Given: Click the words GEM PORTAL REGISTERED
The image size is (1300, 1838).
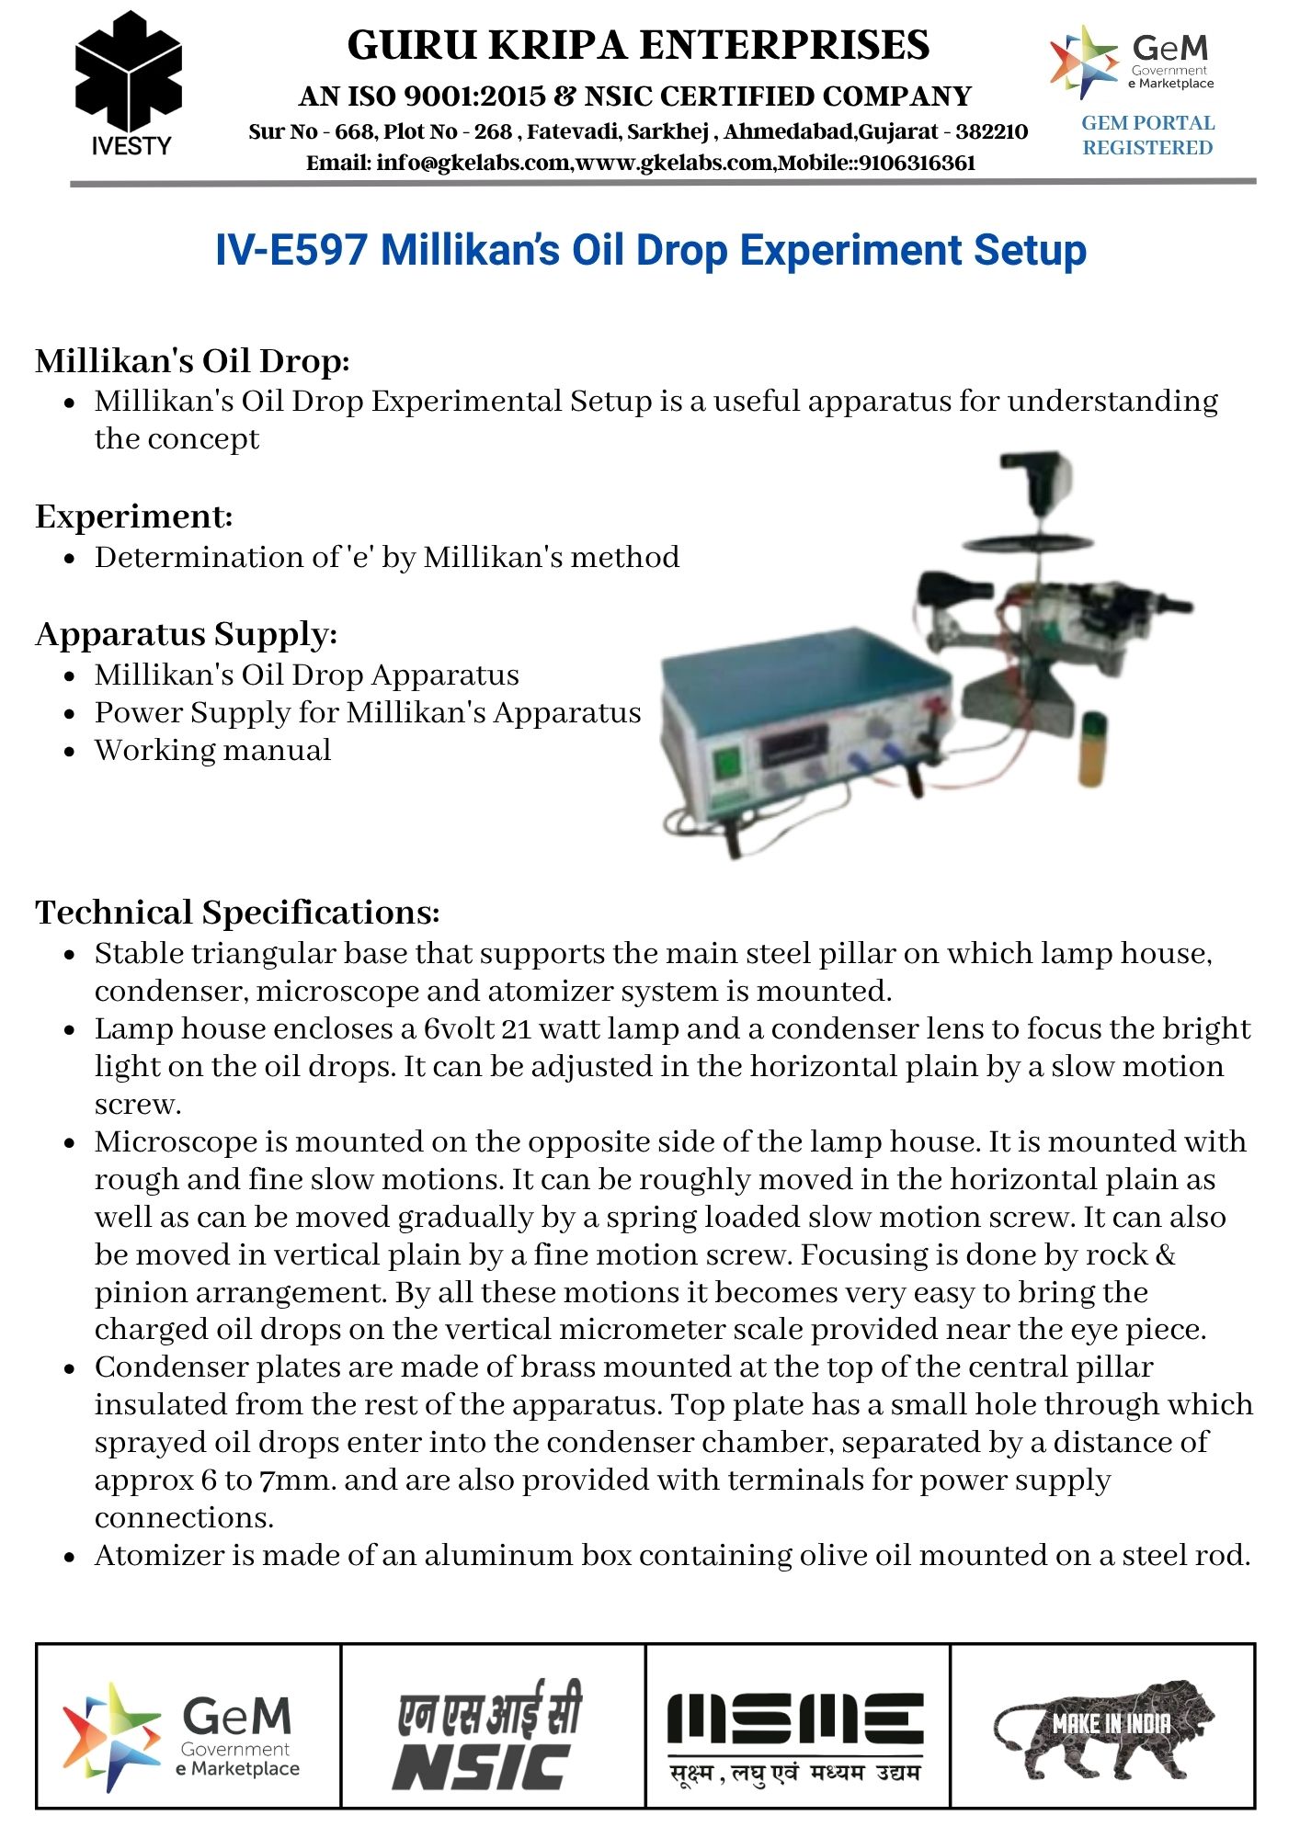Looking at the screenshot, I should coord(1147,135).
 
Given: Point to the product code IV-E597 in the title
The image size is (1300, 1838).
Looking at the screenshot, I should coord(291,250).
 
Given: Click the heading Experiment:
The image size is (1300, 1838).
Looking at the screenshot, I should coord(134,516).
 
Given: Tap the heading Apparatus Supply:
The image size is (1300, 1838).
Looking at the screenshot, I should coord(187,634).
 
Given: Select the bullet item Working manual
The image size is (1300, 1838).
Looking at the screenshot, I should coord(212,750).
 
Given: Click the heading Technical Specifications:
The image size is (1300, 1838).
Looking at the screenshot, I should coord(237,912).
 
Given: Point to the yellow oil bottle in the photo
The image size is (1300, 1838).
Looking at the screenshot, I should coord(1091,749).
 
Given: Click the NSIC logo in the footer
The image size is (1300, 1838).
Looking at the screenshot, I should coord(489,1735).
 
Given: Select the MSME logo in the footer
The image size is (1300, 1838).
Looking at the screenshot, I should coord(796,1735).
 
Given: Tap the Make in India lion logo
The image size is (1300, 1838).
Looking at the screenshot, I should coord(1103,1728).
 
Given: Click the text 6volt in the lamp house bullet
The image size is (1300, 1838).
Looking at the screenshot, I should coord(459,1028).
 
